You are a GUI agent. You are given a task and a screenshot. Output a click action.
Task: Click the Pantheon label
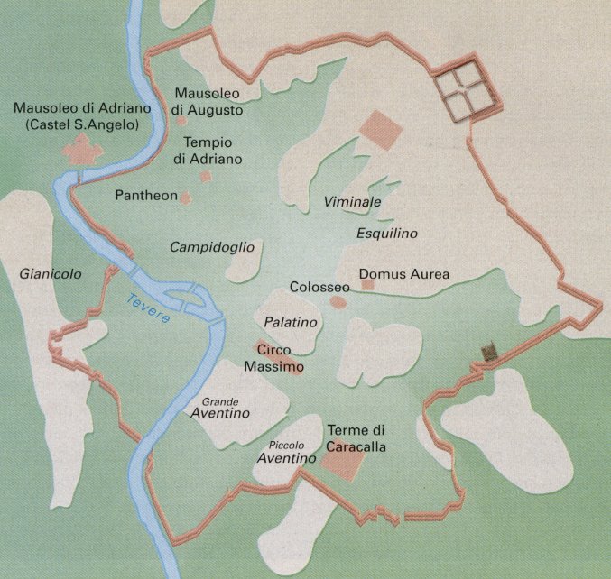(x=145, y=196)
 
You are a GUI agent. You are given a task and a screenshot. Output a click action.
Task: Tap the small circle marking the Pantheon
(x=186, y=197)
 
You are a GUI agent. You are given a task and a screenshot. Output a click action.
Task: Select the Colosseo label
(x=319, y=287)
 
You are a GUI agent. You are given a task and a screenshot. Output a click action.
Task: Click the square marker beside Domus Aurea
(x=367, y=285)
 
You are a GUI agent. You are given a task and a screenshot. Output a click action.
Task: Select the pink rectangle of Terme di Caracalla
(x=343, y=464)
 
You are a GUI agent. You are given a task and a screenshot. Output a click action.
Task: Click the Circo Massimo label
(x=273, y=359)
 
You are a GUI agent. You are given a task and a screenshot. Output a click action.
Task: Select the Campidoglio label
(x=212, y=246)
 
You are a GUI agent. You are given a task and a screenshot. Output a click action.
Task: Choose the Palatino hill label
(x=288, y=322)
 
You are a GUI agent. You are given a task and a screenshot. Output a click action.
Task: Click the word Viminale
(x=352, y=202)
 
